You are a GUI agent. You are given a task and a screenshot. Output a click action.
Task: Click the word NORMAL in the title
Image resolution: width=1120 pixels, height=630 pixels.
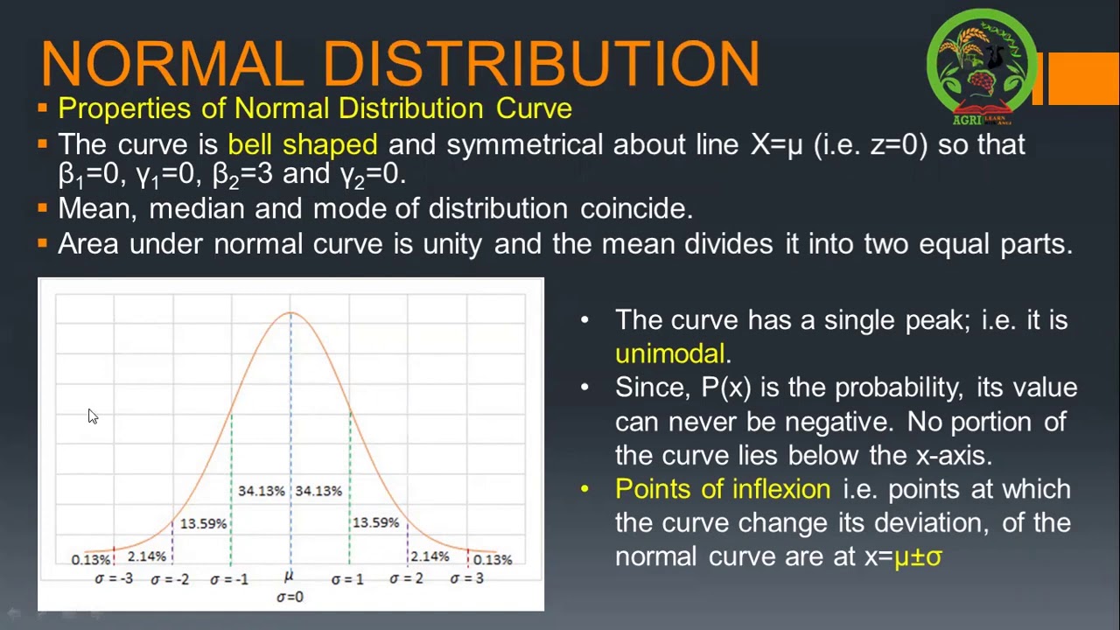coord(171,63)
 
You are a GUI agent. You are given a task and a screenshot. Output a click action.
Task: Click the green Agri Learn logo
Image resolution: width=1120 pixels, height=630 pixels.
coord(982,66)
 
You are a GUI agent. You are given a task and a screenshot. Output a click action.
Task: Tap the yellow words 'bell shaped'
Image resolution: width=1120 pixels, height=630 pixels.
coord(302,144)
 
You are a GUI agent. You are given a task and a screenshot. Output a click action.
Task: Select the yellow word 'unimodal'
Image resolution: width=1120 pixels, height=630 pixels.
coord(670,353)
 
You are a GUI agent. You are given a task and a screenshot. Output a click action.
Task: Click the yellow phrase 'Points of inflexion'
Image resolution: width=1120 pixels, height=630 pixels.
coord(723,489)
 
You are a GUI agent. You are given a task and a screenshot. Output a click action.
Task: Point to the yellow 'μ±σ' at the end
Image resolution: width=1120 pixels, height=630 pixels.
coord(918,556)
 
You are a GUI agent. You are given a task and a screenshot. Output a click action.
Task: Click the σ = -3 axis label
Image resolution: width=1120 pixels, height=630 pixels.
coord(114,578)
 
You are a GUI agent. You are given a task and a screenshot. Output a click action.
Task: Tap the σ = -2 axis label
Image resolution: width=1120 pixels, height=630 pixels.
coord(170,579)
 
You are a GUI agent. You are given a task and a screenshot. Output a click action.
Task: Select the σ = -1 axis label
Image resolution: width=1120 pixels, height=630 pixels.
coord(229,579)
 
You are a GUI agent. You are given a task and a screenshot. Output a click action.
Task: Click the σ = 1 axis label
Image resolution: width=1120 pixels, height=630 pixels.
coord(347,579)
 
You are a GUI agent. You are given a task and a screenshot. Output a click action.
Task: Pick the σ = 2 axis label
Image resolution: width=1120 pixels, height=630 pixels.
coord(406,578)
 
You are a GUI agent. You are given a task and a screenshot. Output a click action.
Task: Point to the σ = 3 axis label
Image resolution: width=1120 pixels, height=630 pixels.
coord(466,578)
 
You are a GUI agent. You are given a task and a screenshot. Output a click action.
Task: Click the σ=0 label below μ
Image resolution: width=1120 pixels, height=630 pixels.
coord(290,597)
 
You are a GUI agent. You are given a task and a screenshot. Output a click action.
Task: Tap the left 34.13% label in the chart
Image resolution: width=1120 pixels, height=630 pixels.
coord(261,491)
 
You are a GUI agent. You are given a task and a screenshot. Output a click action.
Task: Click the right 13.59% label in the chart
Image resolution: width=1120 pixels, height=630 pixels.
coord(375,522)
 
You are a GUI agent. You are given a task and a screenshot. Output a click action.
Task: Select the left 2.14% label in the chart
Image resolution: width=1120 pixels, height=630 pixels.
coord(146,556)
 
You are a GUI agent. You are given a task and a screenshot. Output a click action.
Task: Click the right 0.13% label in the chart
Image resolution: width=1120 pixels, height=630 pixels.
coord(492,560)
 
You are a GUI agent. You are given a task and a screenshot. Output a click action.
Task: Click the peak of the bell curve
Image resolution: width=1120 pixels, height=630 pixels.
coord(290,312)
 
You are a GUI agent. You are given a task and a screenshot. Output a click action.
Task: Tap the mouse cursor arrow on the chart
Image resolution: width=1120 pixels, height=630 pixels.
coord(93,416)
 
